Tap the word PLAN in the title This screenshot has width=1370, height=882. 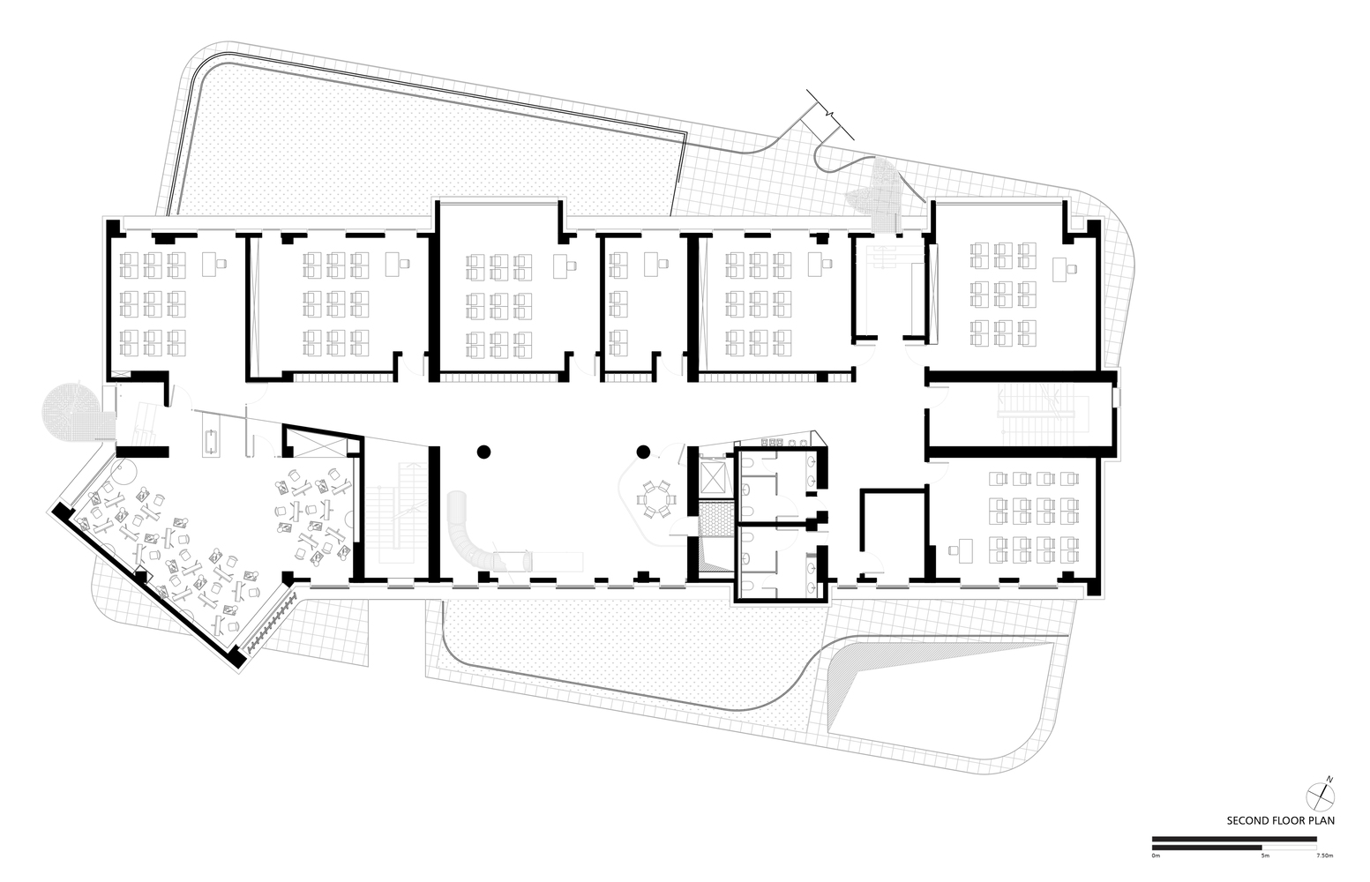pyautogui.click(x=1321, y=819)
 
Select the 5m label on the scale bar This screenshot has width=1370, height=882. pyautogui.click(x=1264, y=856)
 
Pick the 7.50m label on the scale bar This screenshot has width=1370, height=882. pyautogui.click(x=1323, y=856)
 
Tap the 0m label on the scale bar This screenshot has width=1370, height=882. pyautogui.click(x=1157, y=856)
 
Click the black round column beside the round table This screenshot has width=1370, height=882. pyautogui.click(x=644, y=452)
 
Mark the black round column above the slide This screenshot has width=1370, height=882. pyautogui.click(x=483, y=452)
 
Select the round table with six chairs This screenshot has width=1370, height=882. pyautogui.click(x=655, y=498)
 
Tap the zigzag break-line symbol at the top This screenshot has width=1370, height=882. pyautogui.click(x=829, y=114)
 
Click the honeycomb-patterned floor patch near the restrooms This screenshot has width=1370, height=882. pyautogui.click(x=715, y=519)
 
